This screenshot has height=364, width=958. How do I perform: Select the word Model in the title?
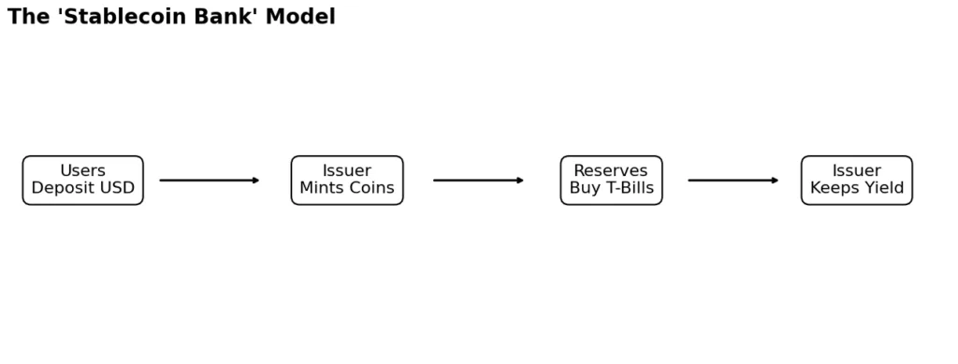[x=300, y=17]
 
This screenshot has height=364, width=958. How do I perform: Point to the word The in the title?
[x=28, y=17]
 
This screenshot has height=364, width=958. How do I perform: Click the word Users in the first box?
[x=82, y=171]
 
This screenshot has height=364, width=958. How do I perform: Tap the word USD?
[x=117, y=188]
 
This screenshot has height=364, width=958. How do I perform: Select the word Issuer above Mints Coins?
[x=347, y=171]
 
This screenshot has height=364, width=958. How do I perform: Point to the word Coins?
[x=372, y=188]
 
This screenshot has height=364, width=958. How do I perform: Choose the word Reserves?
[x=611, y=171]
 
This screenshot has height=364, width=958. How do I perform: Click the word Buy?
[x=585, y=188]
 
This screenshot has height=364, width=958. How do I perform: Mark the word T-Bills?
[x=630, y=188]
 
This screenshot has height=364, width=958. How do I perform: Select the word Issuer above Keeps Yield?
[x=856, y=171]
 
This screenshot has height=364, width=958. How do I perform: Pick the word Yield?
[x=884, y=188]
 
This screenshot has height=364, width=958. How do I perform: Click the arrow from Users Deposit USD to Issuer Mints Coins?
[x=209, y=181]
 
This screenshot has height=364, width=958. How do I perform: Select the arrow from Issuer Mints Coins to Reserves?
[x=477, y=181]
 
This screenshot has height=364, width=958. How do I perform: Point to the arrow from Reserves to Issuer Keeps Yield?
[x=732, y=181]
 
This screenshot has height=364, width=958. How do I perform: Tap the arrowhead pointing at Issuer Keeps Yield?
[x=775, y=181]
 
